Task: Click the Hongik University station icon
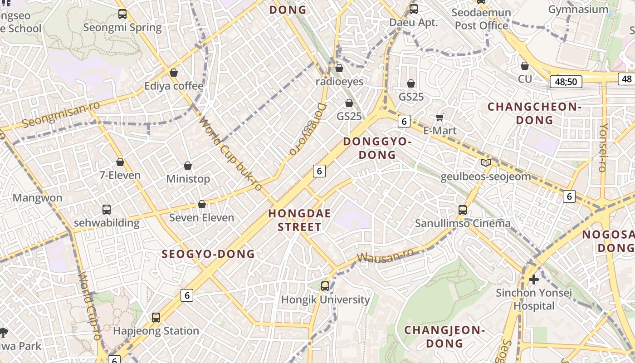click(325, 286)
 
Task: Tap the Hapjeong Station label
click(156, 331)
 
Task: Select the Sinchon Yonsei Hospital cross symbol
click(534, 279)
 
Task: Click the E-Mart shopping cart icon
click(440, 118)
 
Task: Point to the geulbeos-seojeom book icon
click(486, 163)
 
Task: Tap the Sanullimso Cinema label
click(463, 223)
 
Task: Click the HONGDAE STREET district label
click(299, 220)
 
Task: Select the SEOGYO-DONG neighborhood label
click(208, 254)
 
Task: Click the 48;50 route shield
click(566, 82)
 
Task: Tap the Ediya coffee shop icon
click(173, 73)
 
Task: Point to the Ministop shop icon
click(188, 166)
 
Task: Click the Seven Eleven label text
click(201, 218)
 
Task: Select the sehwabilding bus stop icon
click(107, 210)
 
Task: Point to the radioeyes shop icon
click(339, 69)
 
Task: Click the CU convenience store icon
click(525, 66)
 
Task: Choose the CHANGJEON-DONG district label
click(444, 336)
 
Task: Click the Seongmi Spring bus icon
click(122, 14)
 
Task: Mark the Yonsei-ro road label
click(603, 147)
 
